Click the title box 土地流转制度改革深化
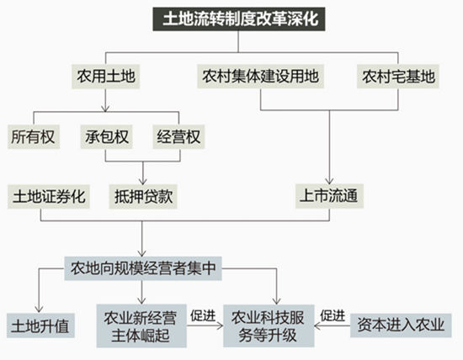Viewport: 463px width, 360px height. pyautogui.click(x=239, y=19)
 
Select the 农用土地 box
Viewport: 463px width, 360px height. pyautogui.click(x=106, y=77)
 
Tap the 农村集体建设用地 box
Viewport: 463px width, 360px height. pyautogui.click(x=260, y=77)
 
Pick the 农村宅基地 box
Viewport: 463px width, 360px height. pyautogui.click(x=398, y=77)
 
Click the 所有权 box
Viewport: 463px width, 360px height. pyautogui.click(x=34, y=137)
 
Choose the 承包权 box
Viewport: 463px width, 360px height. pyautogui.click(x=106, y=137)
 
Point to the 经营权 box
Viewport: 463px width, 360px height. pyautogui.click(x=178, y=137)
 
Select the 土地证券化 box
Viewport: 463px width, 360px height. pyautogui.click(x=49, y=197)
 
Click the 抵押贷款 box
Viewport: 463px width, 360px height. pyautogui.click(x=143, y=197)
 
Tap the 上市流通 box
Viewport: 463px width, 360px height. pyautogui.click(x=329, y=196)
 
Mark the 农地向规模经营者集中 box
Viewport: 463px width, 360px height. pyautogui.click(x=143, y=268)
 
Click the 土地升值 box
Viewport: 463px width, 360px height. pyautogui.click(x=40, y=326)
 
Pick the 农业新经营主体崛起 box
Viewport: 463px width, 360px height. pyautogui.click(x=141, y=326)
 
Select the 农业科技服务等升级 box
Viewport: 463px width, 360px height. pyautogui.click(x=269, y=326)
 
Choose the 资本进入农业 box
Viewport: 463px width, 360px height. pyautogui.click(x=401, y=326)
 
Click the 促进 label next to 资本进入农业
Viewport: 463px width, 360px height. pyautogui.click(x=333, y=315)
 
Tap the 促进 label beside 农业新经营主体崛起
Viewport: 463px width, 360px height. pyautogui.click(x=203, y=315)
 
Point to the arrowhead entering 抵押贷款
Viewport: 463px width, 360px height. pyautogui.click(x=143, y=182)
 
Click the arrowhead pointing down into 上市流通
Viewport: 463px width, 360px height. pyautogui.click(x=329, y=181)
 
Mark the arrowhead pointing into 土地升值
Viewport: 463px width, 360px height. pyautogui.click(x=39, y=310)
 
